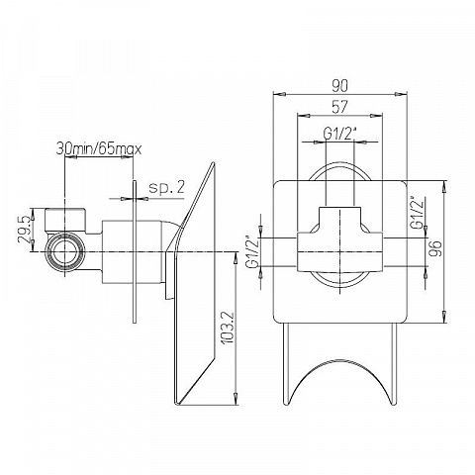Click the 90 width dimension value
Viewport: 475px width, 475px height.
point(339,86)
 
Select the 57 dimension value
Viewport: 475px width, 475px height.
point(339,107)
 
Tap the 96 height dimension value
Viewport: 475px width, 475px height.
point(435,248)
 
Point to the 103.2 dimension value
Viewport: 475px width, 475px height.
point(228,328)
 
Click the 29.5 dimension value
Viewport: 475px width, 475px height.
point(25,230)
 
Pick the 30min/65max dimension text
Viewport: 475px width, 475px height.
point(99,149)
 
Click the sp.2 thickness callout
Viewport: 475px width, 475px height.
point(166,188)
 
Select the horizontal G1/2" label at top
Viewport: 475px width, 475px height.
point(340,134)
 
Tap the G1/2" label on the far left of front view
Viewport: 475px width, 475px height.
point(253,251)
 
